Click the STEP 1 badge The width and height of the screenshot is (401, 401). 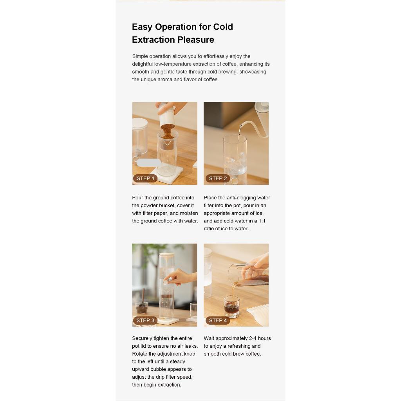[145, 178]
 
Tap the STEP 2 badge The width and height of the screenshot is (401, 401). [218, 178]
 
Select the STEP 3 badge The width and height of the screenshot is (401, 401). [145, 320]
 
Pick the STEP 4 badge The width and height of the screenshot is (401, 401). [218, 320]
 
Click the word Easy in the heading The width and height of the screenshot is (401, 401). [142, 27]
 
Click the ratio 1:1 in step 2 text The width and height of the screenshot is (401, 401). [262, 221]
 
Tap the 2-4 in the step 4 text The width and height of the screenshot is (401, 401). [253, 338]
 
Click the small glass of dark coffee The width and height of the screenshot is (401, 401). [232, 307]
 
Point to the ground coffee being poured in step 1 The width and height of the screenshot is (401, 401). [168, 131]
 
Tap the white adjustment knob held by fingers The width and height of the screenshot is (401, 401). [166, 282]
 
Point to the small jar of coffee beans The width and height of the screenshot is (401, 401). [141, 308]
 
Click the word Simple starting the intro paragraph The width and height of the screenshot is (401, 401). [140, 56]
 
